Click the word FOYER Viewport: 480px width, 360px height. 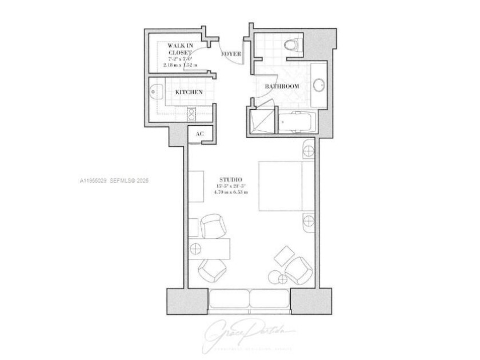point(231,54)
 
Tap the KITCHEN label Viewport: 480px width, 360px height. point(189,92)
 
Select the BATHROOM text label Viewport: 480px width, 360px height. point(282,86)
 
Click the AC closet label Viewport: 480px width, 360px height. point(199,134)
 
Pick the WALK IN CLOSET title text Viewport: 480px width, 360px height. point(180,49)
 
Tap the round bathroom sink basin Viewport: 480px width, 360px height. point(319,86)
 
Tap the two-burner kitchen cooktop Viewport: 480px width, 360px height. point(192,113)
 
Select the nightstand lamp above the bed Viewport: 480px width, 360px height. point(307,151)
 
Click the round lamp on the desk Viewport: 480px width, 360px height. point(196,249)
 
